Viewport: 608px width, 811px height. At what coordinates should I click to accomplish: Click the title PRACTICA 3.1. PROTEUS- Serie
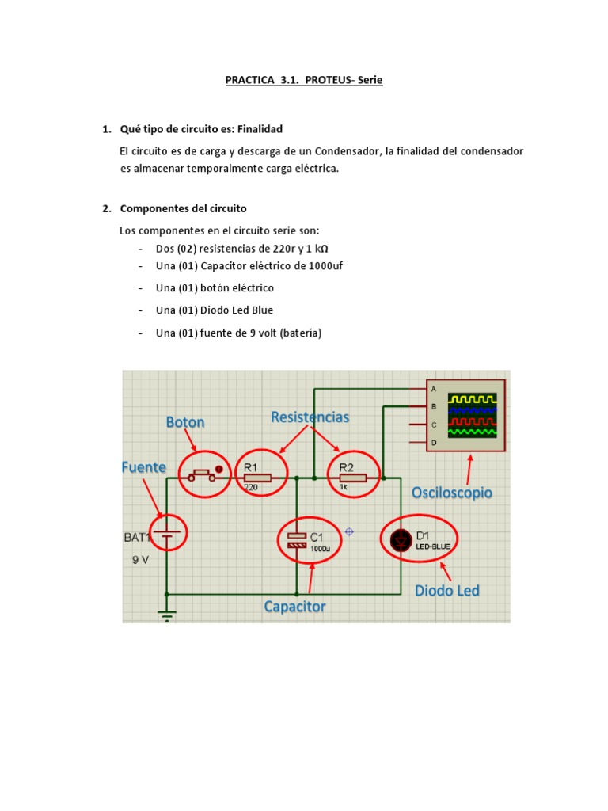click(304, 80)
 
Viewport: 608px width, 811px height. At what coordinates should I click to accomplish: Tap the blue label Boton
click(185, 422)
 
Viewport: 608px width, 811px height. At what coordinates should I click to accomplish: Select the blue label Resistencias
click(310, 417)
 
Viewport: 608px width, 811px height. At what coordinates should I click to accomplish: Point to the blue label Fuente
click(143, 467)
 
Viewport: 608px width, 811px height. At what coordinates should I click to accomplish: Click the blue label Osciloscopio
click(451, 493)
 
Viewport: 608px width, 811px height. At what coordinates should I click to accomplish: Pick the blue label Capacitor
click(294, 607)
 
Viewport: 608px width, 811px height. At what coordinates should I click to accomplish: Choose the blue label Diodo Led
click(447, 590)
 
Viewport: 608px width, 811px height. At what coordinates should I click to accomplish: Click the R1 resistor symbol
click(257, 478)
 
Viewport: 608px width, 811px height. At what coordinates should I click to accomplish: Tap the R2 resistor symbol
click(352, 478)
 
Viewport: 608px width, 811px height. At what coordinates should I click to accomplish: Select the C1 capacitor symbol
click(296, 540)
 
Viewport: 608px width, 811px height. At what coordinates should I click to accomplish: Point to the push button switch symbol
click(199, 475)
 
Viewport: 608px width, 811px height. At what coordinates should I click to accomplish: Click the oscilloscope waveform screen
click(473, 416)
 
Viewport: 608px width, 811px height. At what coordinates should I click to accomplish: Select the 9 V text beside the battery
click(140, 558)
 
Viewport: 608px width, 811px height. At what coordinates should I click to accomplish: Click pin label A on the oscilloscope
click(433, 389)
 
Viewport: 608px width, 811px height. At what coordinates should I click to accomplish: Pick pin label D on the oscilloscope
click(433, 444)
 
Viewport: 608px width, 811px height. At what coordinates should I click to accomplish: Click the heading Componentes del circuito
click(183, 208)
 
